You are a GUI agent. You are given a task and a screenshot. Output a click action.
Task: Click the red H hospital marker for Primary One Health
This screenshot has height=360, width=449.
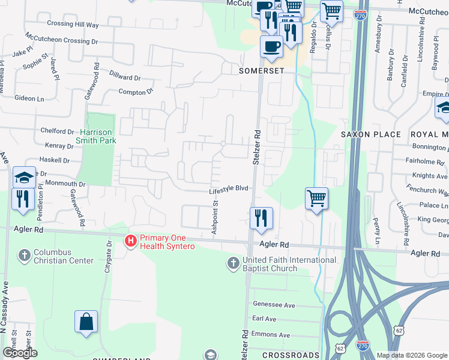click(130, 241)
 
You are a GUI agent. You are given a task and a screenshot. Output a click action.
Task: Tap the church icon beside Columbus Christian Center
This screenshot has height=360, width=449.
click(24, 256)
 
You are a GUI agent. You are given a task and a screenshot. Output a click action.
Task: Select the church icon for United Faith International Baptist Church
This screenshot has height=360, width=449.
click(234, 263)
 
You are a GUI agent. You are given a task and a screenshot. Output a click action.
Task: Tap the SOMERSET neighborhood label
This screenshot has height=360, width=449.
click(261, 70)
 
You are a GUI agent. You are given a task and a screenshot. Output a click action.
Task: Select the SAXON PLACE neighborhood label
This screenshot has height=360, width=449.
click(370, 134)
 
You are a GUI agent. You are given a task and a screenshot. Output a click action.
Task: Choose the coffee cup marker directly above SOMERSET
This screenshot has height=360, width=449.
click(271, 46)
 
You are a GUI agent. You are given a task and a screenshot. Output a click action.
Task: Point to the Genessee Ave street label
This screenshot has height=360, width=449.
click(274, 305)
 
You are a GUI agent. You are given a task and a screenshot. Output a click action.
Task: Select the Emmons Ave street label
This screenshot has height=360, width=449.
click(271, 335)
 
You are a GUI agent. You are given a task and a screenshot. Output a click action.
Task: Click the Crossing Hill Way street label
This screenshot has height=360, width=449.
click(73, 25)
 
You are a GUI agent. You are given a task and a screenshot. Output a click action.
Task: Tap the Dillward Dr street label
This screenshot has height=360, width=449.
click(125, 77)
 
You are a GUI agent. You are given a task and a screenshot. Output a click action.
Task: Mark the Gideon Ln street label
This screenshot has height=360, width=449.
click(29, 98)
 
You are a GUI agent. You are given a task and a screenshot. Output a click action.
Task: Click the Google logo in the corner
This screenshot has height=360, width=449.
click(19, 353)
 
